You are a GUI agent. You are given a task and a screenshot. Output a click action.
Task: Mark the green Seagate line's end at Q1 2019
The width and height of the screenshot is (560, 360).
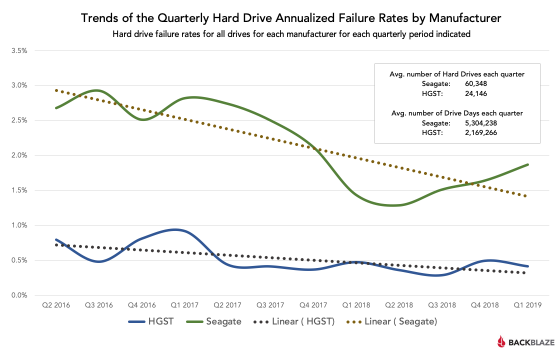click(x=528, y=164)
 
